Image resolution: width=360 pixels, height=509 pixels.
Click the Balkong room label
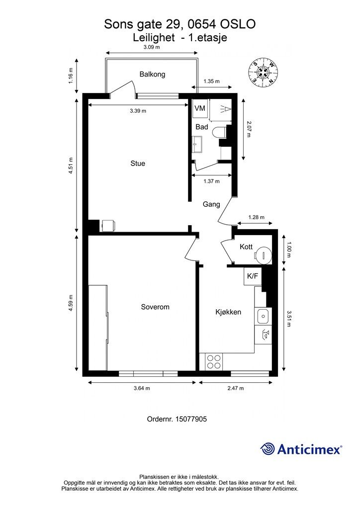point(152,75)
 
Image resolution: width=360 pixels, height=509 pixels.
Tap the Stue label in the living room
point(138,163)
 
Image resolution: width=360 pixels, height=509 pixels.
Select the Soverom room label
point(155,307)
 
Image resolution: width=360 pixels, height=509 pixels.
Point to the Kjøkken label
point(228,312)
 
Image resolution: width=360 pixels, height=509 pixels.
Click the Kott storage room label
point(246,247)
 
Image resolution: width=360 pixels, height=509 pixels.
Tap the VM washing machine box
point(200,108)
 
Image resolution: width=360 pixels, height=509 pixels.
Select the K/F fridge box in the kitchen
point(253,276)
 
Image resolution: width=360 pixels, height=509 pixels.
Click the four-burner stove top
point(214,362)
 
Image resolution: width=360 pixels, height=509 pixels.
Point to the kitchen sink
point(263,316)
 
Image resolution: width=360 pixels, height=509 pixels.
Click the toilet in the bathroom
point(220,132)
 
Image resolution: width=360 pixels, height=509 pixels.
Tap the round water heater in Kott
point(263,254)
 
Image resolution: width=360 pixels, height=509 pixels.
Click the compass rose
point(263,72)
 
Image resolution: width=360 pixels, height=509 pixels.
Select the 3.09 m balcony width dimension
point(152,47)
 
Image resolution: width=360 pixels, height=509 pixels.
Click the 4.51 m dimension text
point(71,166)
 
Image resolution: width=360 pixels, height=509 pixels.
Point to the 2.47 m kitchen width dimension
point(235,388)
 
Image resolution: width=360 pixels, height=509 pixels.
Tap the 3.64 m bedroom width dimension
point(142,388)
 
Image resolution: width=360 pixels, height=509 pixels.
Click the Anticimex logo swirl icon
point(267,449)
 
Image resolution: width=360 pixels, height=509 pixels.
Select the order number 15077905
point(191,419)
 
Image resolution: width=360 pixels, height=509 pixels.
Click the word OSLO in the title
point(238,24)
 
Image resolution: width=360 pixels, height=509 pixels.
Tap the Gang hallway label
point(211,204)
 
